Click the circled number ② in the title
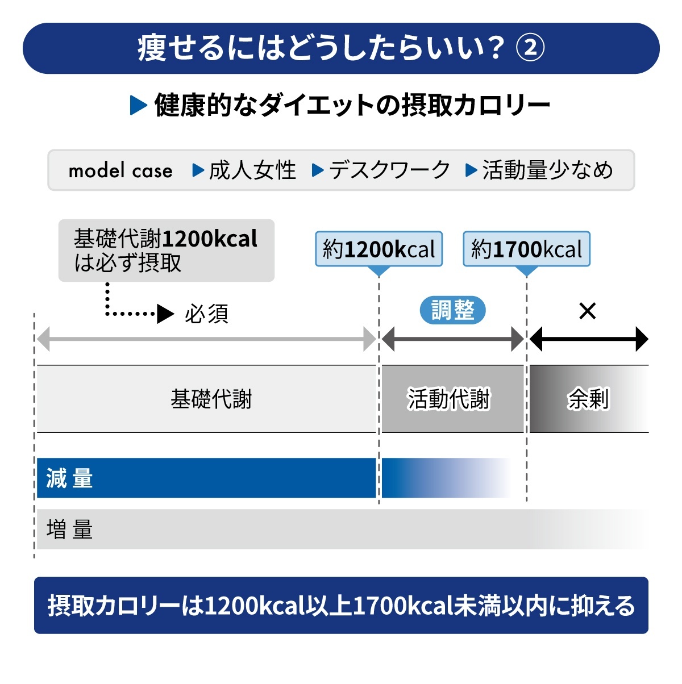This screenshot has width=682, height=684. coord(530,48)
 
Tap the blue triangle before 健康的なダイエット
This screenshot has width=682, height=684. coord(138,105)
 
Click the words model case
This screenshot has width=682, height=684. coord(120,170)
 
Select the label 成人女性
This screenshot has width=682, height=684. coord(252,170)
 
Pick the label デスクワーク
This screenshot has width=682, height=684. coord(389,170)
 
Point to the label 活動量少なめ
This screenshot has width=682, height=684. coord(547,170)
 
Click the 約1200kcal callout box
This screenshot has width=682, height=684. coord(379,249)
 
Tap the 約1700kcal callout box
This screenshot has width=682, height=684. coord(527,249)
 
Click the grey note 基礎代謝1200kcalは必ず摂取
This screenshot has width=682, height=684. coord(166,251)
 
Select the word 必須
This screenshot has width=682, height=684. coord(206,314)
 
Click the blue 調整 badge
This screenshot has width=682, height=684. coord(452,310)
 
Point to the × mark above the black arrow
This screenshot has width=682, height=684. coord(587,311)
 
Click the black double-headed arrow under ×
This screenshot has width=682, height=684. coord(588,340)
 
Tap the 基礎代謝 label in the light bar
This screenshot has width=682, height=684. coord(211,399)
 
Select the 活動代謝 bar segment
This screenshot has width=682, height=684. coord(449,399)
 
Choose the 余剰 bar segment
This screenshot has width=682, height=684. coord(588,399)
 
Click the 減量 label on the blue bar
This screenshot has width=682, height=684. coord(69,478)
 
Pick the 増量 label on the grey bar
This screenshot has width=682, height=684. coord(69,529)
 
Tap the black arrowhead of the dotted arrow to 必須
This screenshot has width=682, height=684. coord(165,314)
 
